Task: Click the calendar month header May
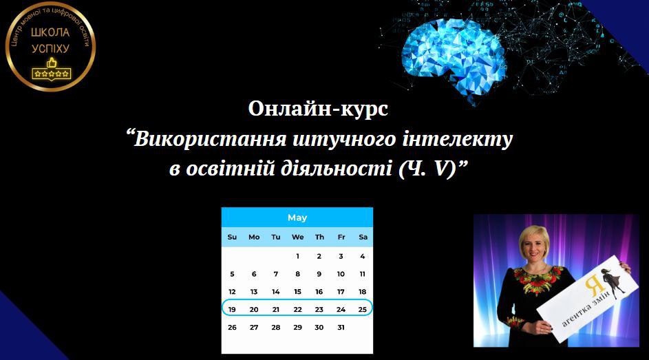[x=297, y=218]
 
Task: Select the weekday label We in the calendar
[x=297, y=237]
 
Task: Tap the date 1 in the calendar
[x=297, y=256]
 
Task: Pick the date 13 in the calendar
[x=254, y=292]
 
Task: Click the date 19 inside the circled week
[x=232, y=310]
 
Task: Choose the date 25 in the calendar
[x=363, y=310]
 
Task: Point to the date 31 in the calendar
[x=341, y=328]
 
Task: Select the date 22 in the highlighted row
[x=297, y=310]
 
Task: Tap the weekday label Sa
[x=363, y=237]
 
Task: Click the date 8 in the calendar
[x=297, y=274]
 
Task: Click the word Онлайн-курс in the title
[x=318, y=109]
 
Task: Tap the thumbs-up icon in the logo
[x=50, y=62]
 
